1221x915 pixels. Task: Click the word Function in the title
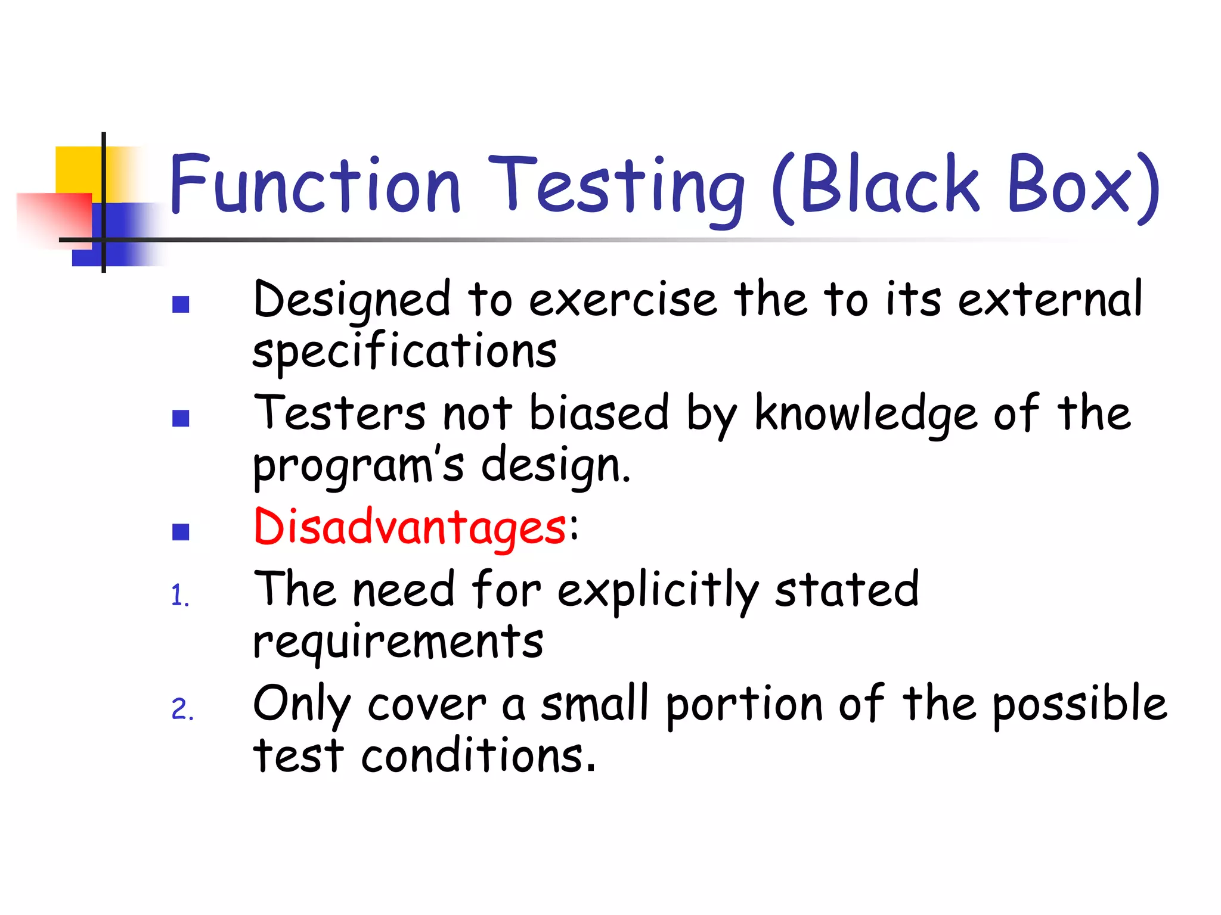click(315, 185)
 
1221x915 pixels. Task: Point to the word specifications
click(404, 351)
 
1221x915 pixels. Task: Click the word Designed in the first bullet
click(352, 300)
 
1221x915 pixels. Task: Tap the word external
click(1050, 299)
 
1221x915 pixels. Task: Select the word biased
click(599, 413)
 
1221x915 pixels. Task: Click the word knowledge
click(866, 415)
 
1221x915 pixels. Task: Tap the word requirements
click(398, 642)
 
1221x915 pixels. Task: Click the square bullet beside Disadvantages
click(181, 532)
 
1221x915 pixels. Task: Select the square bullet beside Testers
click(181, 418)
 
